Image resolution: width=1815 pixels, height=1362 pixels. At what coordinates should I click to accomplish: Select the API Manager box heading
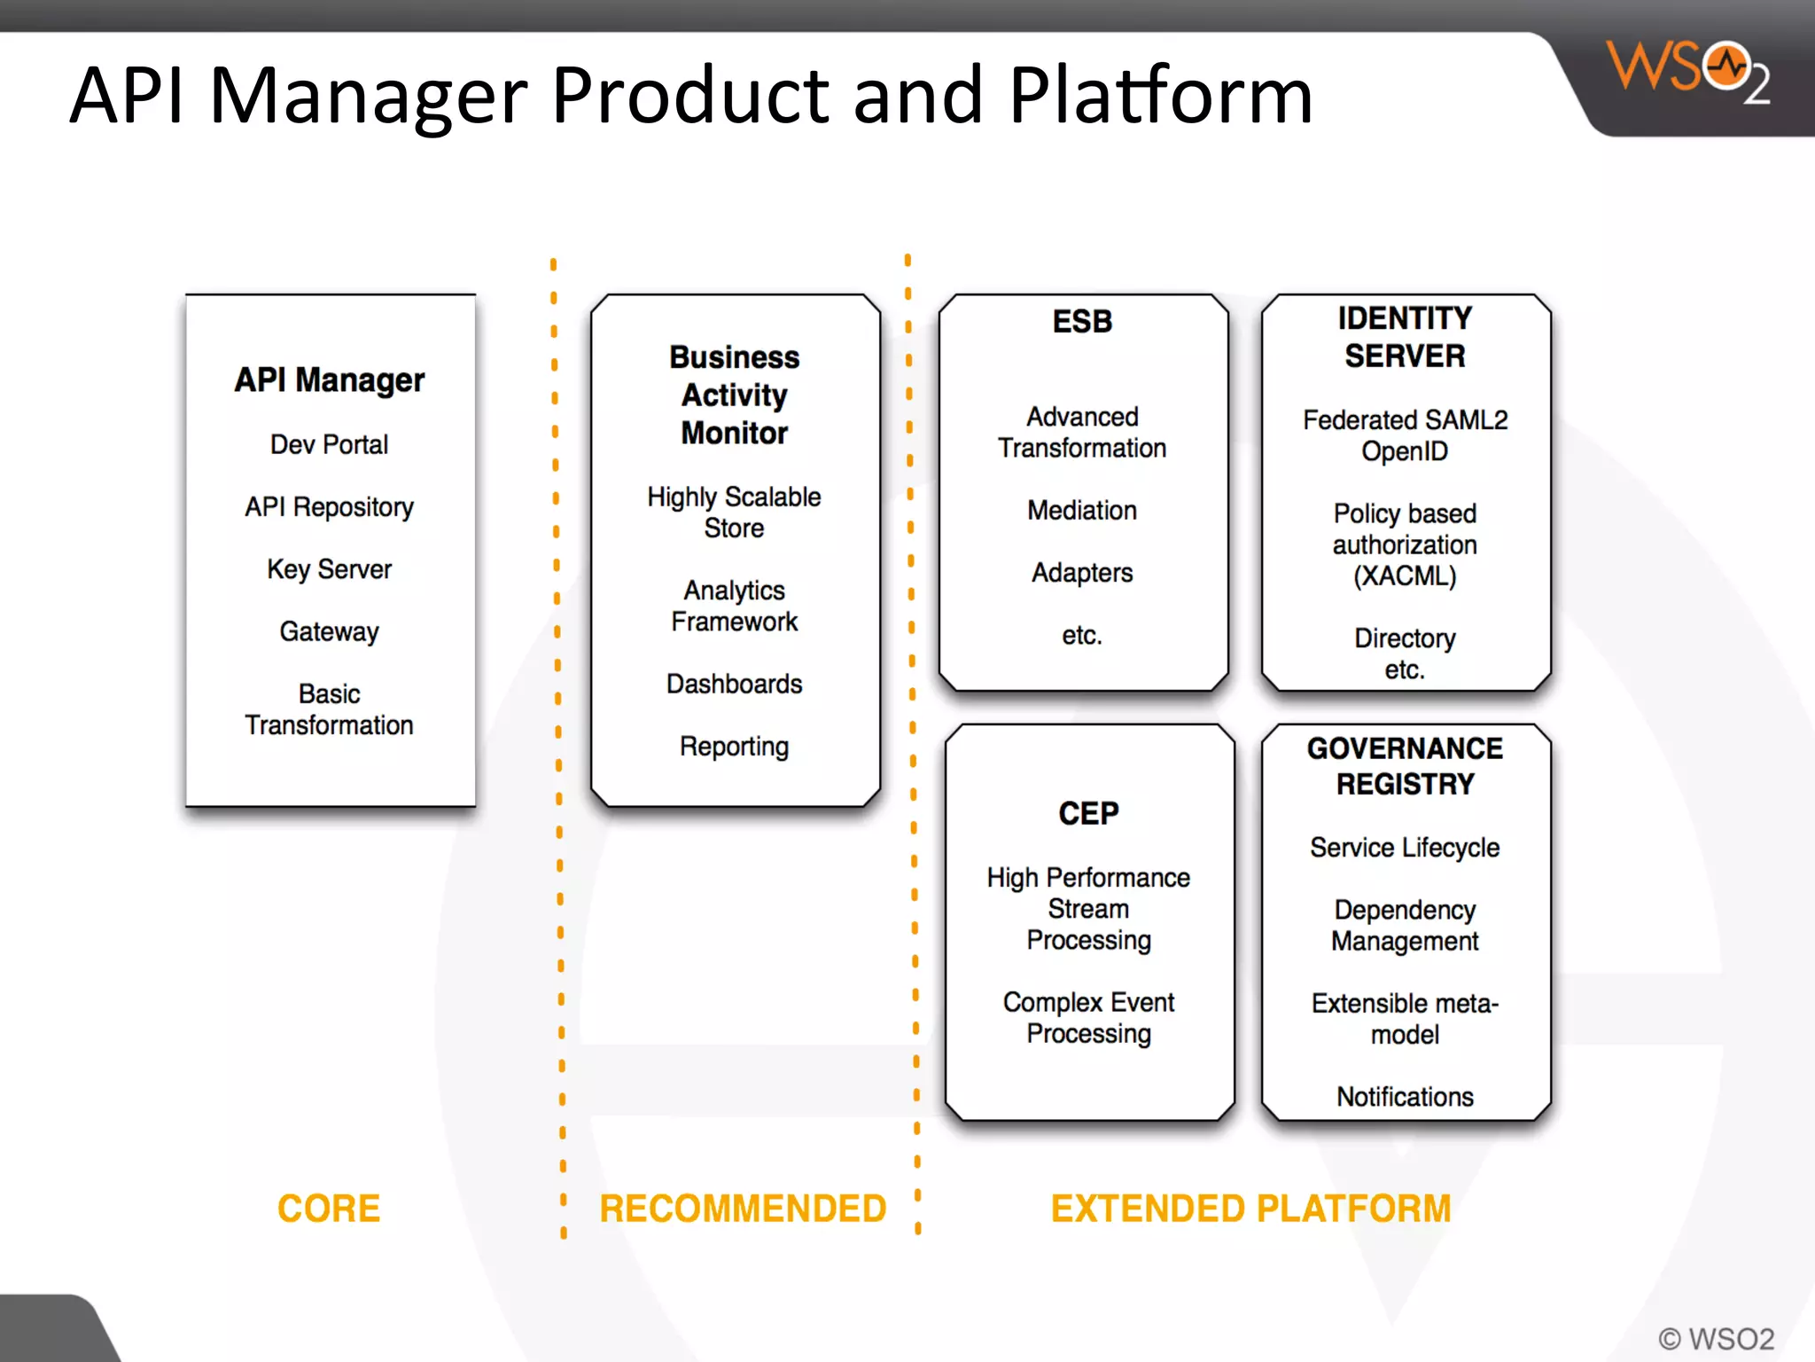[x=329, y=380]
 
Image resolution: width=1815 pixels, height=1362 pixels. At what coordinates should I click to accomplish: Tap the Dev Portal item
[x=329, y=444]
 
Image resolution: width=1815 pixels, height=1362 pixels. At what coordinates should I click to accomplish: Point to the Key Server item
[x=329, y=569]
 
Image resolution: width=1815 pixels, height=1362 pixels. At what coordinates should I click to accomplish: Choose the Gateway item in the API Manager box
[x=329, y=631]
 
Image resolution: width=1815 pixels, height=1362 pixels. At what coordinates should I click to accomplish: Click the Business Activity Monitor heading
[x=734, y=395]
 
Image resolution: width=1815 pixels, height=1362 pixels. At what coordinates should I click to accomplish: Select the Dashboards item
[x=734, y=684]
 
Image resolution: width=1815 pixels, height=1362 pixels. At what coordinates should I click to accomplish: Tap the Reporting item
[x=734, y=747]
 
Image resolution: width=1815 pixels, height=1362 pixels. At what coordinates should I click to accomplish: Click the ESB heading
[x=1081, y=321]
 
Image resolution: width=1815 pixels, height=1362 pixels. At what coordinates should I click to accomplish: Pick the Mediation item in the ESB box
[x=1081, y=511]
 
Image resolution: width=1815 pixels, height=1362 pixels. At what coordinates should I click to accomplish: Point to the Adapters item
[x=1081, y=573]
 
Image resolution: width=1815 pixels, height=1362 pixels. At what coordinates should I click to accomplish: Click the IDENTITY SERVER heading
[x=1405, y=337]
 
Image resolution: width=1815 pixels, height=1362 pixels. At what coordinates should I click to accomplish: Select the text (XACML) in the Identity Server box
[x=1405, y=576]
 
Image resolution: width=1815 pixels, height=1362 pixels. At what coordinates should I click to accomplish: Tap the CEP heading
[x=1088, y=813]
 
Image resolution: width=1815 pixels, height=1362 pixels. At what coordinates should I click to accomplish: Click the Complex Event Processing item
[x=1088, y=1018]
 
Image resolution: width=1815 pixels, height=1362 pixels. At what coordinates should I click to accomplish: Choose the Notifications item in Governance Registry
[x=1405, y=1097]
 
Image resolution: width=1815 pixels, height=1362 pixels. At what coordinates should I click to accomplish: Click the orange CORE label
[x=329, y=1209]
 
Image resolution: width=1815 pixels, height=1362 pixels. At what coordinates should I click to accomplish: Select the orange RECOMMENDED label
[x=743, y=1209]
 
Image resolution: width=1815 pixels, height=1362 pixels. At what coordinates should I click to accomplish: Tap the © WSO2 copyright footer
[x=1716, y=1338]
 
